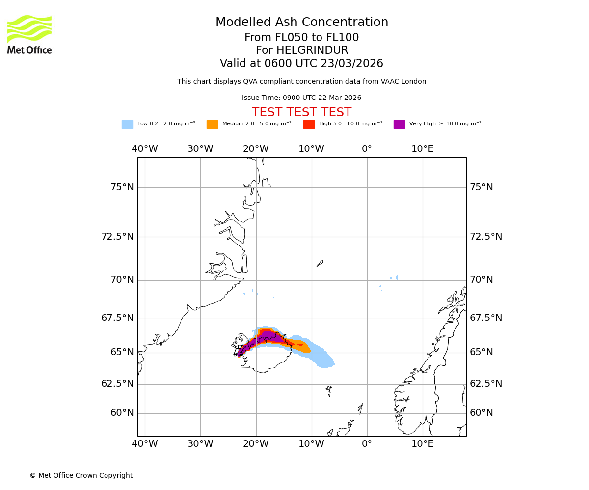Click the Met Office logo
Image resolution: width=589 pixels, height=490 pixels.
pos(29,34)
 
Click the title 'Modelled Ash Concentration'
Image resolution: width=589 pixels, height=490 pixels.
pos(302,23)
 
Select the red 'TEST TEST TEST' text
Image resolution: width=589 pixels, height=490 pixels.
pos(301,112)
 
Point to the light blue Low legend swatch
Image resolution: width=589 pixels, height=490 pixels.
pos(127,124)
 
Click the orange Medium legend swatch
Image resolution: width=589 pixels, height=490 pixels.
pos(212,124)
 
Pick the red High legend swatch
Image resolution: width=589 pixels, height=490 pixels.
pos(309,124)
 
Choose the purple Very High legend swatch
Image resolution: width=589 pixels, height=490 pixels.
pos(399,124)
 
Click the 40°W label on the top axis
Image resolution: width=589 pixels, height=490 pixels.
pos(145,149)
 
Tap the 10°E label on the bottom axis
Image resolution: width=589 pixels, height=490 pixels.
pos(423,444)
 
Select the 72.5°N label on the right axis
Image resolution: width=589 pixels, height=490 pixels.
pos(486,237)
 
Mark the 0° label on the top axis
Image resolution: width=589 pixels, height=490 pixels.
pos(367,149)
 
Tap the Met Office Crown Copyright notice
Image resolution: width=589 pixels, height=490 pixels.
pos(81,475)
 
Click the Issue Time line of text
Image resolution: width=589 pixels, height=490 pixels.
pos(301,98)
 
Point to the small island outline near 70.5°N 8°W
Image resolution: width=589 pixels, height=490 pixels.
pos(320,264)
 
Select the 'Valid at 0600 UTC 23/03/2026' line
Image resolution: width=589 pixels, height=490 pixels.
pos(301,64)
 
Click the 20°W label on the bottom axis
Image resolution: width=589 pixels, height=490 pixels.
pos(256,444)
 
